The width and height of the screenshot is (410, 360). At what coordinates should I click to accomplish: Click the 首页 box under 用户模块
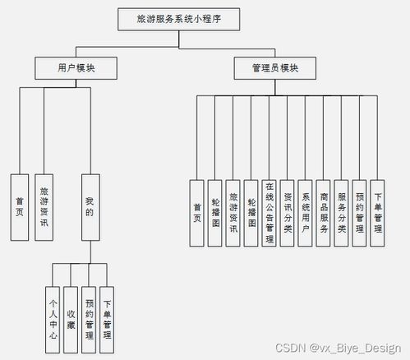(x=20, y=205)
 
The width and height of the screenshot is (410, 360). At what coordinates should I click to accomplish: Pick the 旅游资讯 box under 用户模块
(x=44, y=205)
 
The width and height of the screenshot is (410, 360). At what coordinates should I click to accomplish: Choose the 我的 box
(x=90, y=205)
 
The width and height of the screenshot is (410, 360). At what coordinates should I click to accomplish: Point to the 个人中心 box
(x=53, y=307)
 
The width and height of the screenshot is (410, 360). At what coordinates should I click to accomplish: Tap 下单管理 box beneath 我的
(x=108, y=307)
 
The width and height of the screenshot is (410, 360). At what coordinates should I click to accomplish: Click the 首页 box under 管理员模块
(x=196, y=212)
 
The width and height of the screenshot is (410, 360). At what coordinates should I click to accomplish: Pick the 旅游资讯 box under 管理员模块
(x=233, y=212)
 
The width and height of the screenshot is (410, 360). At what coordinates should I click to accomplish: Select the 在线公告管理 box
(x=269, y=212)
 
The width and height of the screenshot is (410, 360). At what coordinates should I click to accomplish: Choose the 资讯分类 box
(x=288, y=212)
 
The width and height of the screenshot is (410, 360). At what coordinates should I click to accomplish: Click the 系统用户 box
(x=306, y=212)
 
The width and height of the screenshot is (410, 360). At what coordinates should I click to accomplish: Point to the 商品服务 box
(x=324, y=212)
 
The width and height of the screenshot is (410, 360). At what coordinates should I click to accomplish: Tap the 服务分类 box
(x=342, y=212)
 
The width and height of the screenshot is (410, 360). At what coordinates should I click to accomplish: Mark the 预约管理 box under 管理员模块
(x=360, y=212)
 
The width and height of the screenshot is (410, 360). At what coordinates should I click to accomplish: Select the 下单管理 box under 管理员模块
(x=378, y=212)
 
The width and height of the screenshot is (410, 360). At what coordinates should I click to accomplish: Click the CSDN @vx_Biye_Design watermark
(x=338, y=348)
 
